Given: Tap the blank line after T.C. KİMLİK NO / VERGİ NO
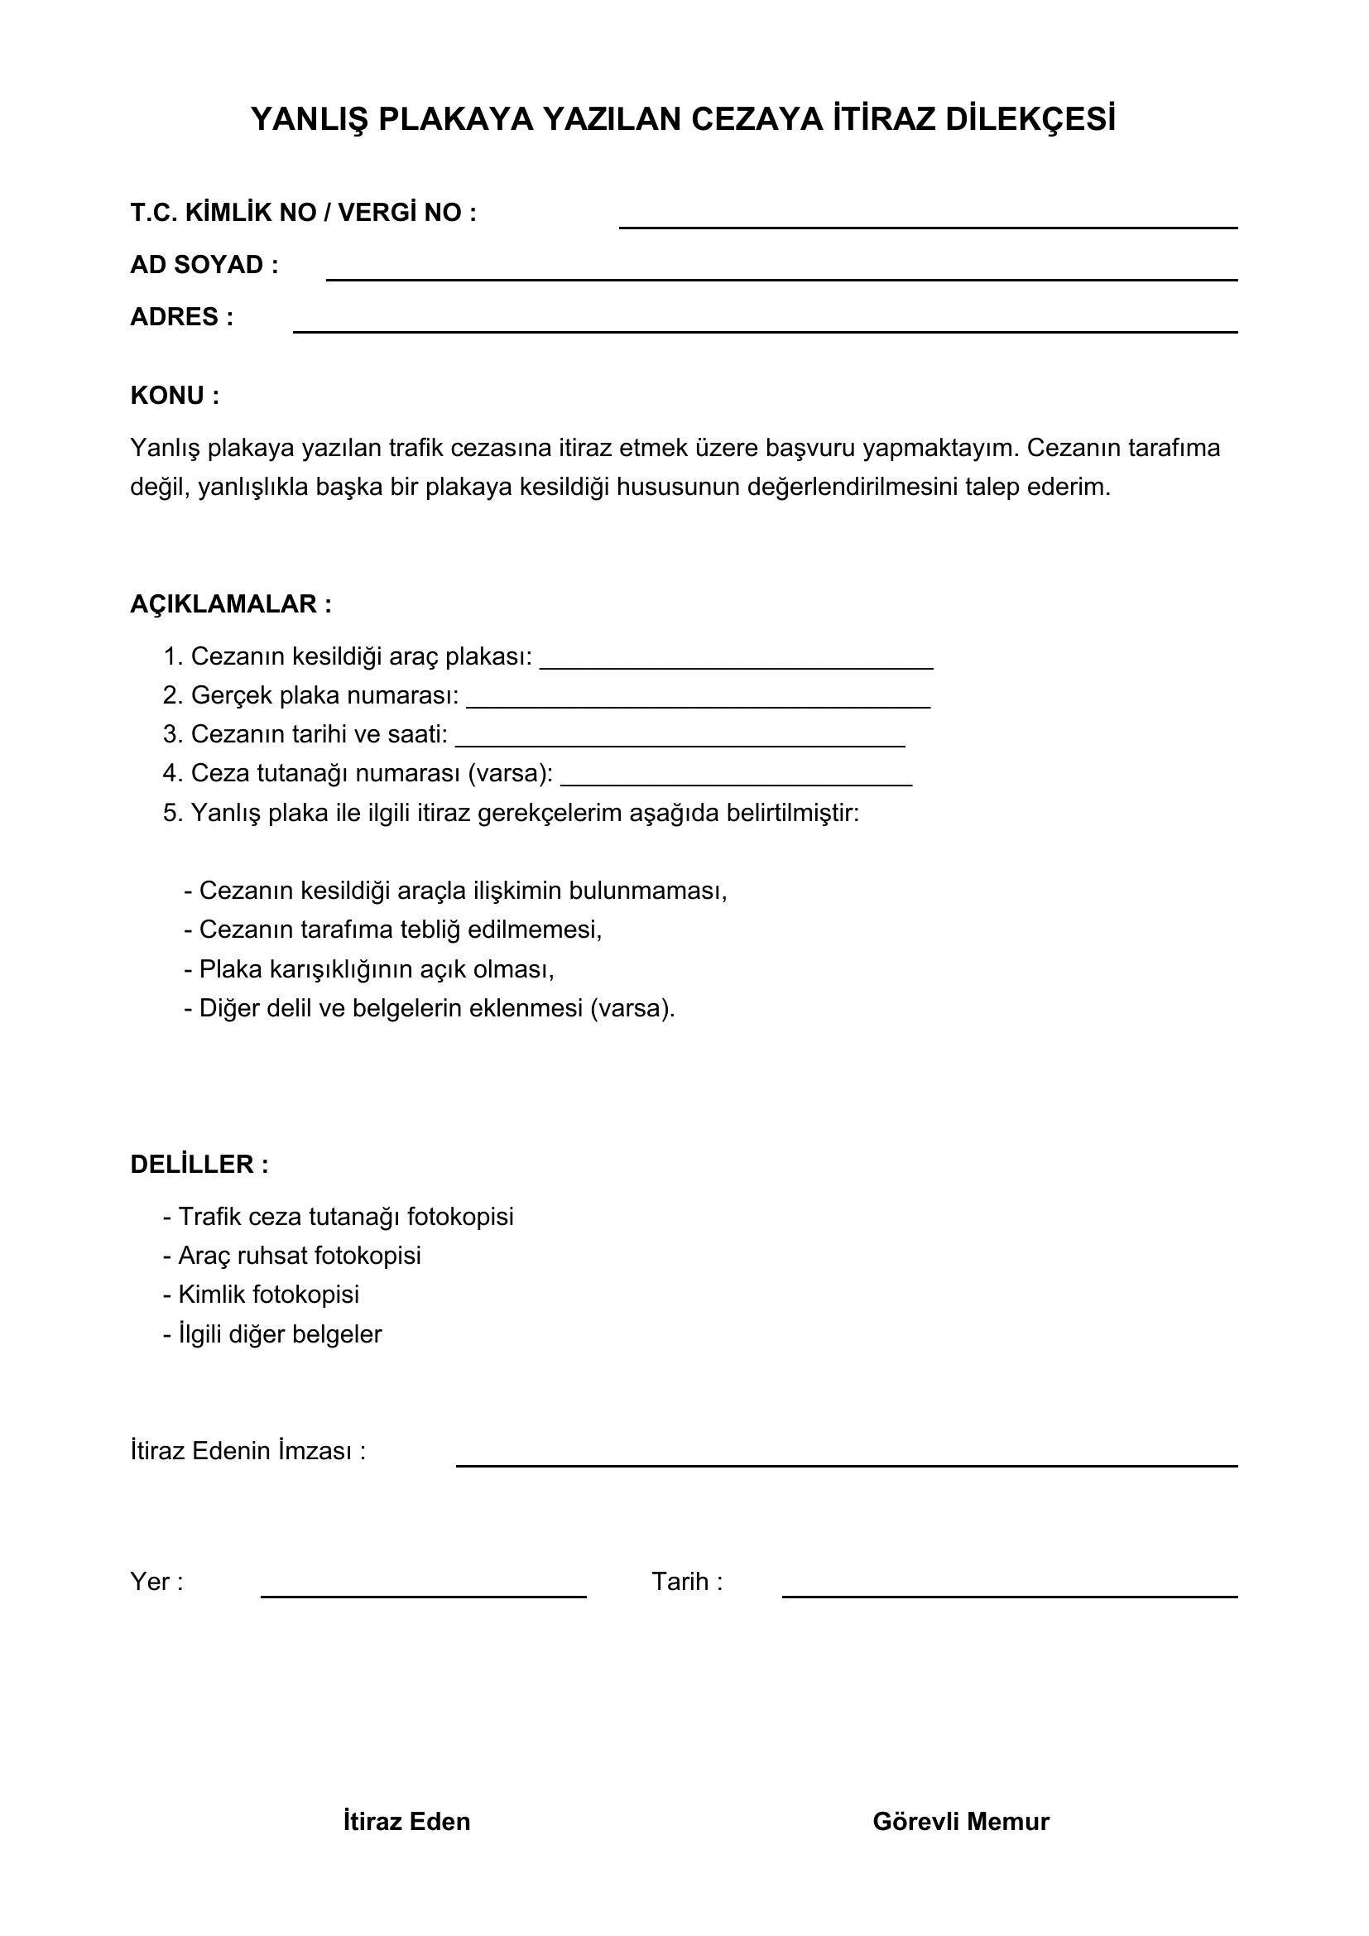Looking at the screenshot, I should point(927,221).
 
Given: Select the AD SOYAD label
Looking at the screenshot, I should point(204,265).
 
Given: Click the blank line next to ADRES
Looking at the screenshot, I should point(765,325).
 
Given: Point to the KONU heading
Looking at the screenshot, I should point(175,396).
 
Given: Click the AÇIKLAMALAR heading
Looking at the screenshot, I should point(230,603).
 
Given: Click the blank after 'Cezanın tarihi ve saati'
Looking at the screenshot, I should point(680,738).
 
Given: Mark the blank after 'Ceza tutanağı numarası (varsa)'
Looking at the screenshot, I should point(736,777).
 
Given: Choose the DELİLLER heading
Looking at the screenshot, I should point(199,1165).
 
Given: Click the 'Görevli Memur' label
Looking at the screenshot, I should point(961,1821).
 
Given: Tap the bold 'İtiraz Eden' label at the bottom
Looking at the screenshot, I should point(406,1821).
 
